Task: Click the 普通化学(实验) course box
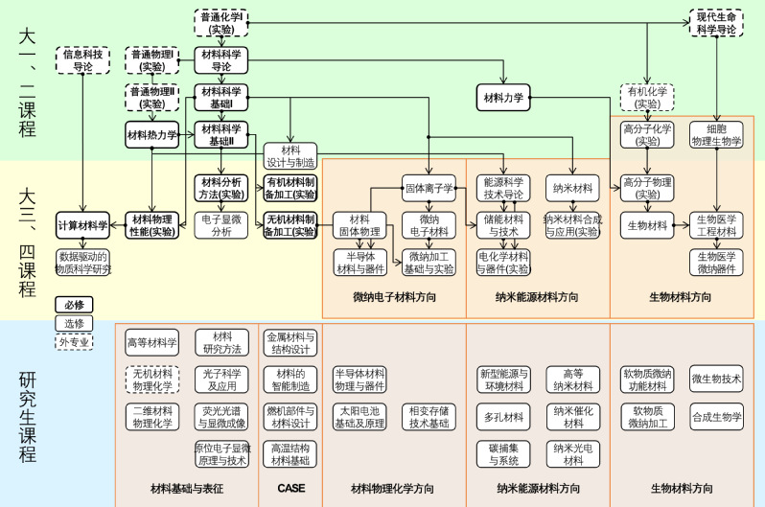coord(221,23)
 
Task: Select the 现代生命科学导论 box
coord(716,23)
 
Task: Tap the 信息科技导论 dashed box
coord(83,60)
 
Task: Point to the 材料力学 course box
coord(503,98)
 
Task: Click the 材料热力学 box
coord(152,135)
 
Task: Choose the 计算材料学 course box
coord(83,225)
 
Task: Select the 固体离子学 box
coord(429,188)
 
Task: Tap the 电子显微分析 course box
coord(221,225)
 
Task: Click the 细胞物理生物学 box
coord(716,134)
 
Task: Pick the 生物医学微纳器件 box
coord(716,263)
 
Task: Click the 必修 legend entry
coord(74,305)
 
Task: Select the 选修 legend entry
coord(74,323)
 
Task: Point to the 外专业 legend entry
coord(74,341)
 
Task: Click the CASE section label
coord(290,488)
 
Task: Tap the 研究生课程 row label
coord(28,412)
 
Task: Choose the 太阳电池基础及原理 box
coord(359,416)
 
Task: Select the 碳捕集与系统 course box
coord(503,453)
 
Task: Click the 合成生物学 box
coord(716,416)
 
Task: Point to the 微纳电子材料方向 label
coord(394,297)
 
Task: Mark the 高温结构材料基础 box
coord(290,453)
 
